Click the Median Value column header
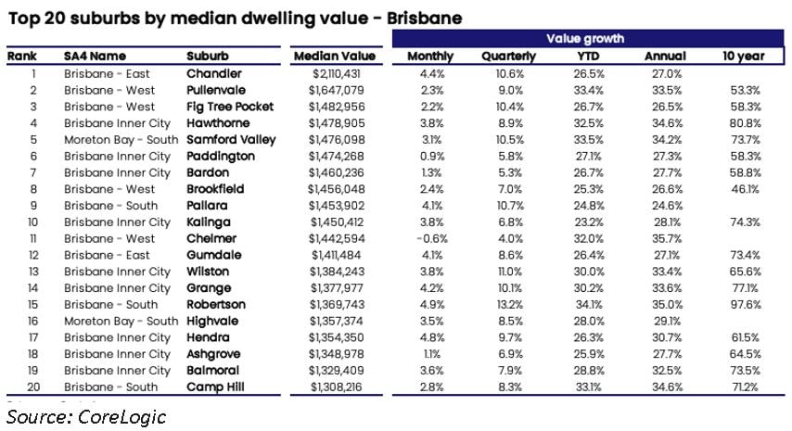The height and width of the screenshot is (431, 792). click(335, 56)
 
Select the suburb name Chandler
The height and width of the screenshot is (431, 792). click(214, 73)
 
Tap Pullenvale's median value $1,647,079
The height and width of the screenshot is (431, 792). click(337, 90)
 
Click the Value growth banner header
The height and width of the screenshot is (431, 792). click(585, 39)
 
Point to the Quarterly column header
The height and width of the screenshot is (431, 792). click(508, 57)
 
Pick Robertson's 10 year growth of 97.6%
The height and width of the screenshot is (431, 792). click(745, 305)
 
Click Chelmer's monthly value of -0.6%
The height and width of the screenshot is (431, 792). click(432, 239)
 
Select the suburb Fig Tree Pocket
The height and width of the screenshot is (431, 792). click(230, 107)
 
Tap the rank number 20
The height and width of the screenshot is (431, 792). click(33, 387)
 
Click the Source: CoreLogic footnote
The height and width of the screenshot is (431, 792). click(86, 417)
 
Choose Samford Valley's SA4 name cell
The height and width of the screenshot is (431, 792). click(121, 140)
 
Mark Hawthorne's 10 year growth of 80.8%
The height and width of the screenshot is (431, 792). click(745, 123)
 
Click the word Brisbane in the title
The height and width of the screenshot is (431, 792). click(425, 19)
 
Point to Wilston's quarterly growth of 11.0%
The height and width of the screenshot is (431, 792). click(510, 272)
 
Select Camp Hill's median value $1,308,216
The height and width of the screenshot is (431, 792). click(337, 387)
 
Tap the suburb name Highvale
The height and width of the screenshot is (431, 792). click(212, 321)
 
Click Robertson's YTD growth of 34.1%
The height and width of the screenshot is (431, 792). click(589, 305)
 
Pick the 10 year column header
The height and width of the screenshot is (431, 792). click(744, 57)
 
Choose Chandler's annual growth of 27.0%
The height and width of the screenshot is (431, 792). click(667, 73)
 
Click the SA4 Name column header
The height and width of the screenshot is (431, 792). click(95, 56)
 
